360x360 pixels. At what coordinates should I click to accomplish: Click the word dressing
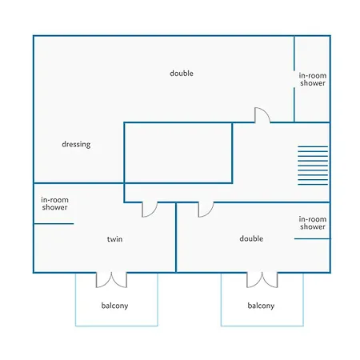pos(76,144)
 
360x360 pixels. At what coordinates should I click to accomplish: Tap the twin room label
pos(114,239)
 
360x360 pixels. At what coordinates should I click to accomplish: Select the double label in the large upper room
pos(182,73)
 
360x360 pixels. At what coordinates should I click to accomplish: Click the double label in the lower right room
pos(251,238)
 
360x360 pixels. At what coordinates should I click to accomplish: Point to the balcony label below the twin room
pos(114,306)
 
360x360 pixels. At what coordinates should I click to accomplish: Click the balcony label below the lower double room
pos(261,306)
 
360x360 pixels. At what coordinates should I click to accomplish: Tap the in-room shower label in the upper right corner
pos(313,79)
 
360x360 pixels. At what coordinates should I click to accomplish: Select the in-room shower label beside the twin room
pos(54,203)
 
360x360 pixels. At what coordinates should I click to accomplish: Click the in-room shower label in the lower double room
pos(313,223)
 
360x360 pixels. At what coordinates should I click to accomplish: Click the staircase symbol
pos(313,166)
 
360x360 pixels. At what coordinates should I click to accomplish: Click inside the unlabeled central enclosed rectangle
pos(178,153)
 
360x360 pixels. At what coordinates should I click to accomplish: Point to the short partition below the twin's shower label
pos(54,224)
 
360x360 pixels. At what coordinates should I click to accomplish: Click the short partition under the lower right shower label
pos(312,238)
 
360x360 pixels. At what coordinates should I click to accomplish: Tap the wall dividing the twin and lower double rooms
pos(176,238)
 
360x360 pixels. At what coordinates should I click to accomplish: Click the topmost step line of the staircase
pos(313,146)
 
